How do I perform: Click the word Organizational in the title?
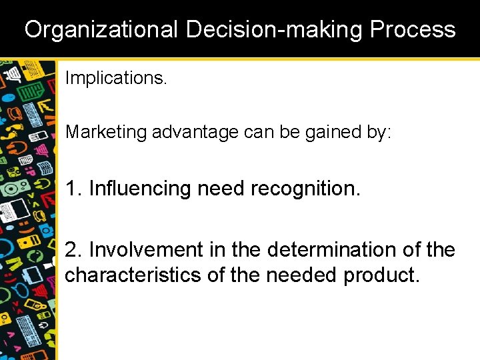(101, 29)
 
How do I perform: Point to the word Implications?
(116, 78)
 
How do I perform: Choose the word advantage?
(195, 132)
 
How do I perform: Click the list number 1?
(73, 189)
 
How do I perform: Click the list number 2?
(73, 250)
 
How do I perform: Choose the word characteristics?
(132, 275)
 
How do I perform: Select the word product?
(382, 275)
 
